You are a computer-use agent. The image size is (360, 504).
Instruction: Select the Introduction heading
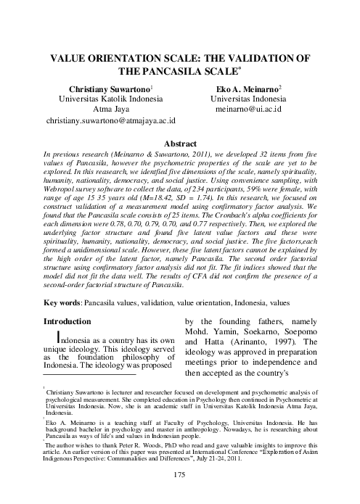click(x=67, y=321)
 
